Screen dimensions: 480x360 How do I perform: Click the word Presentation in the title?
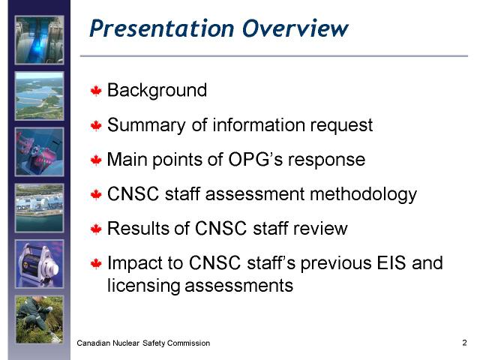click(162, 28)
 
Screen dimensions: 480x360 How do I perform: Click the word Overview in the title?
click(295, 28)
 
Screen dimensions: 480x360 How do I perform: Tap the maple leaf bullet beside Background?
click(96, 91)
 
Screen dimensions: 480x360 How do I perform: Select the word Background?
click(157, 91)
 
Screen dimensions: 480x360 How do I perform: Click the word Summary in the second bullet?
click(146, 125)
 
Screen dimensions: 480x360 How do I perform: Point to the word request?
click(341, 126)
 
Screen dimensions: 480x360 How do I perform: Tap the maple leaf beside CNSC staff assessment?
click(96, 194)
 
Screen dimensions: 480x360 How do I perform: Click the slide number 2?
click(464, 343)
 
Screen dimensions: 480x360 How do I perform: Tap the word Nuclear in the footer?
click(126, 343)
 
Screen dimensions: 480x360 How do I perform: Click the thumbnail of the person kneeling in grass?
click(40, 319)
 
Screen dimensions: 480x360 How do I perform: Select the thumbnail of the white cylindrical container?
click(40, 264)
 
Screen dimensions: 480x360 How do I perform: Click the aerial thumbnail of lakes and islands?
click(40, 96)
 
